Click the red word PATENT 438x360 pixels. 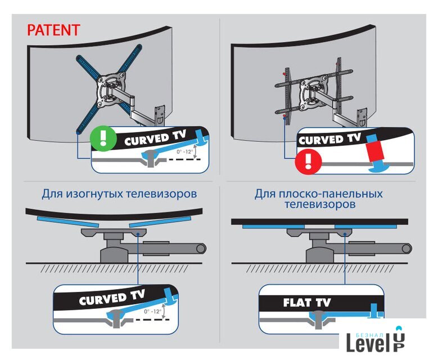coord(53,30)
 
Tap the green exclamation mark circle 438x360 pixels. coord(103,138)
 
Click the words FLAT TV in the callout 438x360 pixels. coord(306,303)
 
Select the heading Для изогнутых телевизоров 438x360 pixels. coord(119,193)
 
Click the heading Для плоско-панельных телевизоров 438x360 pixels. coord(319,199)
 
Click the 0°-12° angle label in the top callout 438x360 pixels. coord(184,151)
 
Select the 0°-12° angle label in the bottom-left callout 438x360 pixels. coord(153,312)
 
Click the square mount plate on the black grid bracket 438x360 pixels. coord(313,92)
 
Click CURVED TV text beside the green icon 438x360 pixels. coord(155,138)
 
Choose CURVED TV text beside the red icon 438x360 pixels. coord(329,139)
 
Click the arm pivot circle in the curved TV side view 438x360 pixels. coord(201,249)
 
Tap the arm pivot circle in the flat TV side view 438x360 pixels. coord(407,249)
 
